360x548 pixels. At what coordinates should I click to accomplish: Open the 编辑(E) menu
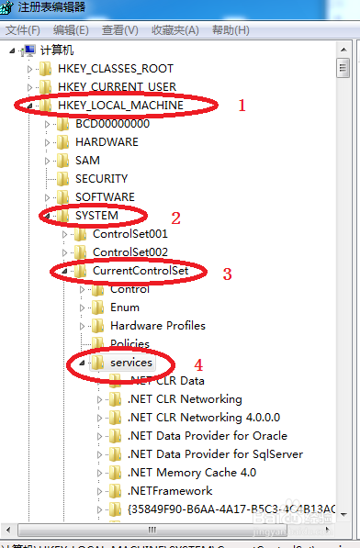coord(71,30)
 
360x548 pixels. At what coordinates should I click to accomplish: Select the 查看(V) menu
coord(119,30)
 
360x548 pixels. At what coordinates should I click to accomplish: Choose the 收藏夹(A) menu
coord(174,30)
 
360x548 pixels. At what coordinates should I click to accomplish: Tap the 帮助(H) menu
coord(230,30)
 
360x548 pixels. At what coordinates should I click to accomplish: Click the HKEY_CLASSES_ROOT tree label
coord(115,69)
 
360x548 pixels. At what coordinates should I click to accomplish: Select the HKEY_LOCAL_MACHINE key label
coord(120,106)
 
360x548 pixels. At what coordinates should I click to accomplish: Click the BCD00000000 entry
coord(112,124)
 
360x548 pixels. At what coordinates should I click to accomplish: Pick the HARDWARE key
coord(107,142)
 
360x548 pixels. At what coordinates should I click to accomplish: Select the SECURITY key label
coord(103,179)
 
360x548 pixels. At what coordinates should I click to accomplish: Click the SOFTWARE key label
coord(105,197)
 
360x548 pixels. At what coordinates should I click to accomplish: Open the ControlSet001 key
coord(130,234)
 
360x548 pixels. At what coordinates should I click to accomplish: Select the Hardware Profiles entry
coord(158,326)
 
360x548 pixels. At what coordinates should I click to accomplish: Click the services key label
coord(130,363)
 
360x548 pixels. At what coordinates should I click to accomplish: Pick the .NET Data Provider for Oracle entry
coord(208,436)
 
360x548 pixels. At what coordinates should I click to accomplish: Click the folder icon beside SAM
coord(62,161)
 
